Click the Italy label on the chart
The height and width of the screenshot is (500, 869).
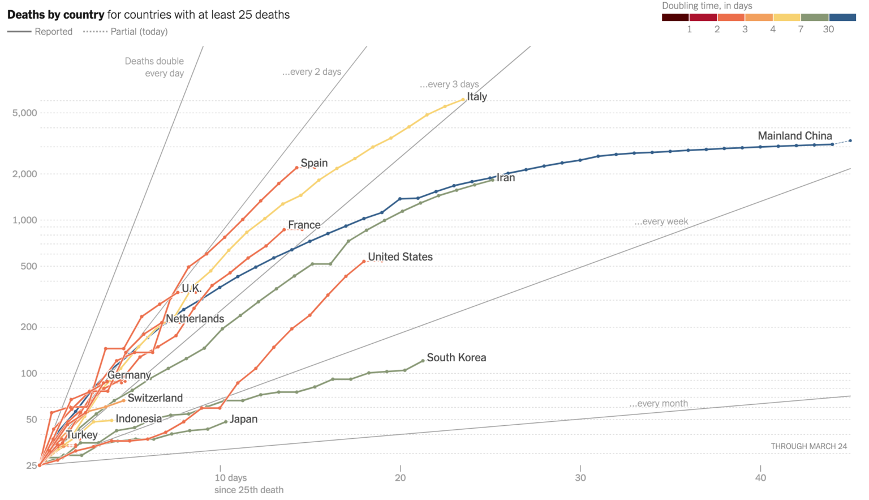pos(477,97)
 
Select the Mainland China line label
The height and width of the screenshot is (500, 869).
pos(794,136)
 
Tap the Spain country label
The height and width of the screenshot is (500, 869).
pos(314,163)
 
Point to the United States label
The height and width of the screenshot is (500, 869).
pos(400,257)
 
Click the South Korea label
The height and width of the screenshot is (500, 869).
pos(456,358)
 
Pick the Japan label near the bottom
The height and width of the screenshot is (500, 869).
pos(243,420)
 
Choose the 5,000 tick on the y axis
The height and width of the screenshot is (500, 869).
pos(25,113)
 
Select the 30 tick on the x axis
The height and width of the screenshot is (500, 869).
pos(580,478)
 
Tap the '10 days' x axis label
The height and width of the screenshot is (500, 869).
pos(231,478)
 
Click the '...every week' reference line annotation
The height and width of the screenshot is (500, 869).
pos(661,222)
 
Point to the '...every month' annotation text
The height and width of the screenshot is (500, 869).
pos(659,404)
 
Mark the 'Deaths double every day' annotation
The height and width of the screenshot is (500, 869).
pos(154,67)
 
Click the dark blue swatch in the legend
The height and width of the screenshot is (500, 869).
pos(842,18)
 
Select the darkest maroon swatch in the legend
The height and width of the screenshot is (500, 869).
pos(675,18)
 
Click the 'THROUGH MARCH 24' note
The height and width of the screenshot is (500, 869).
pos(808,447)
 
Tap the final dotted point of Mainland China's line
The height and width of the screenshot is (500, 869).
pos(850,140)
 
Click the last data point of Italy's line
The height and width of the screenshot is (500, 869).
pos(463,100)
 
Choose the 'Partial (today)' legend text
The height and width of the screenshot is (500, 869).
pos(139,32)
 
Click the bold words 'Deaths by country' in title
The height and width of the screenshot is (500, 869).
pos(55,15)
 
